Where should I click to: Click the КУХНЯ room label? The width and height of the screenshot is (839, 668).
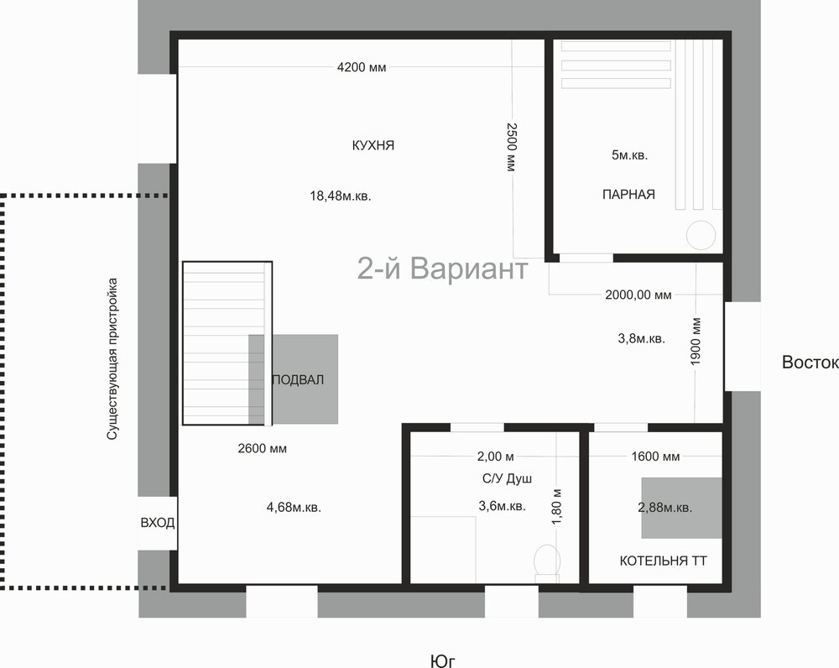[x=373, y=145]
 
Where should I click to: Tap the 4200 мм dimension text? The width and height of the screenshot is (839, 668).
[x=361, y=67]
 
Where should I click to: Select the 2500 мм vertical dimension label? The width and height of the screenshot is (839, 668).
[x=512, y=147]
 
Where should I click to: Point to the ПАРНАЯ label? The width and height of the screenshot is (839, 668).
[x=628, y=195]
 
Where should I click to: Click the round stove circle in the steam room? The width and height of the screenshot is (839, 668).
[x=701, y=235]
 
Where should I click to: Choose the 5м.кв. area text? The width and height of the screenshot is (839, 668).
[x=629, y=155]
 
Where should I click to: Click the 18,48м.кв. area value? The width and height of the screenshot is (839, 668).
[x=341, y=196]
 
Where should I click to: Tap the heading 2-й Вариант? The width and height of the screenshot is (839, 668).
[x=442, y=269]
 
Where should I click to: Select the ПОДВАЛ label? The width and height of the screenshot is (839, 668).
[x=298, y=380]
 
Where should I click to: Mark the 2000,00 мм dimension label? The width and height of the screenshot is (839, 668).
[x=638, y=295]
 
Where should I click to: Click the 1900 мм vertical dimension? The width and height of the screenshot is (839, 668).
[x=696, y=342]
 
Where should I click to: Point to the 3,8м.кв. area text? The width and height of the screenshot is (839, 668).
[x=641, y=338]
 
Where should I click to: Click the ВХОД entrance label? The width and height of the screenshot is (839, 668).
[x=158, y=523]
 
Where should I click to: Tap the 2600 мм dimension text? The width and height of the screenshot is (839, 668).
[x=262, y=448]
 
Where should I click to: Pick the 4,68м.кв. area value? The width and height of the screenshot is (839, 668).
[x=294, y=507]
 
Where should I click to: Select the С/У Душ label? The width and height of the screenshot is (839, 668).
[x=507, y=478]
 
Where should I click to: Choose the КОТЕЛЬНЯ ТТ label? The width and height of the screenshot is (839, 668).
[x=663, y=561]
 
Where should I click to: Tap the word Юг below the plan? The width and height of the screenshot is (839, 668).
[x=442, y=661]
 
